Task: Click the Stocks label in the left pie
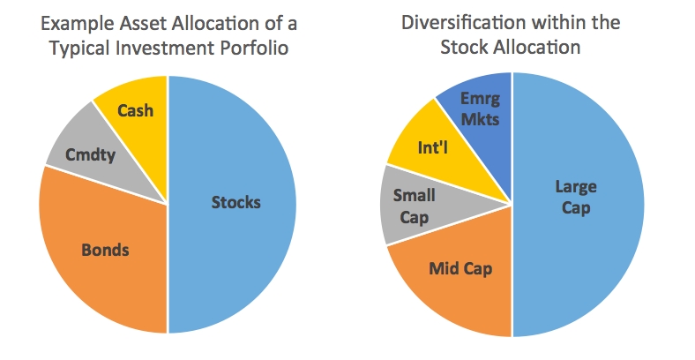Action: (235, 202)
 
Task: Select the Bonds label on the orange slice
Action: (105, 250)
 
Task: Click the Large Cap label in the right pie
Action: (575, 197)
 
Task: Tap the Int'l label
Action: (435, 145)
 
